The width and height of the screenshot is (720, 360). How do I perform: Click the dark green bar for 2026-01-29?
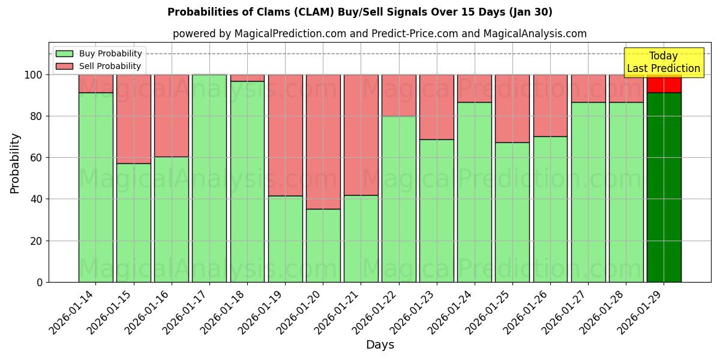[664, 187]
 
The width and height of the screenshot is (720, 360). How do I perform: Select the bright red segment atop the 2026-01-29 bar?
[664, 85]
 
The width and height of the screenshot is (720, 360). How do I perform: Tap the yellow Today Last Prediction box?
[663, 62]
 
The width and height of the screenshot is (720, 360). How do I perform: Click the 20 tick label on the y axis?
[38, 241]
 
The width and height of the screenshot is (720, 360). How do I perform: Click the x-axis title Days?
[380, 345]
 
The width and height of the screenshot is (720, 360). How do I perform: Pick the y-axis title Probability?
[15, 163]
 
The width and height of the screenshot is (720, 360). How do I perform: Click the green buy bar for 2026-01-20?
[323, 245]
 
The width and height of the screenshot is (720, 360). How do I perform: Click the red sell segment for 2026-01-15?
[133, 119]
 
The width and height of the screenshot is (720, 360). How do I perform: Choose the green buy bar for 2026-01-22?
[398, 199]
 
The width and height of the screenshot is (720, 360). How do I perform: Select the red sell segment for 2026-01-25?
[512, 109]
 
